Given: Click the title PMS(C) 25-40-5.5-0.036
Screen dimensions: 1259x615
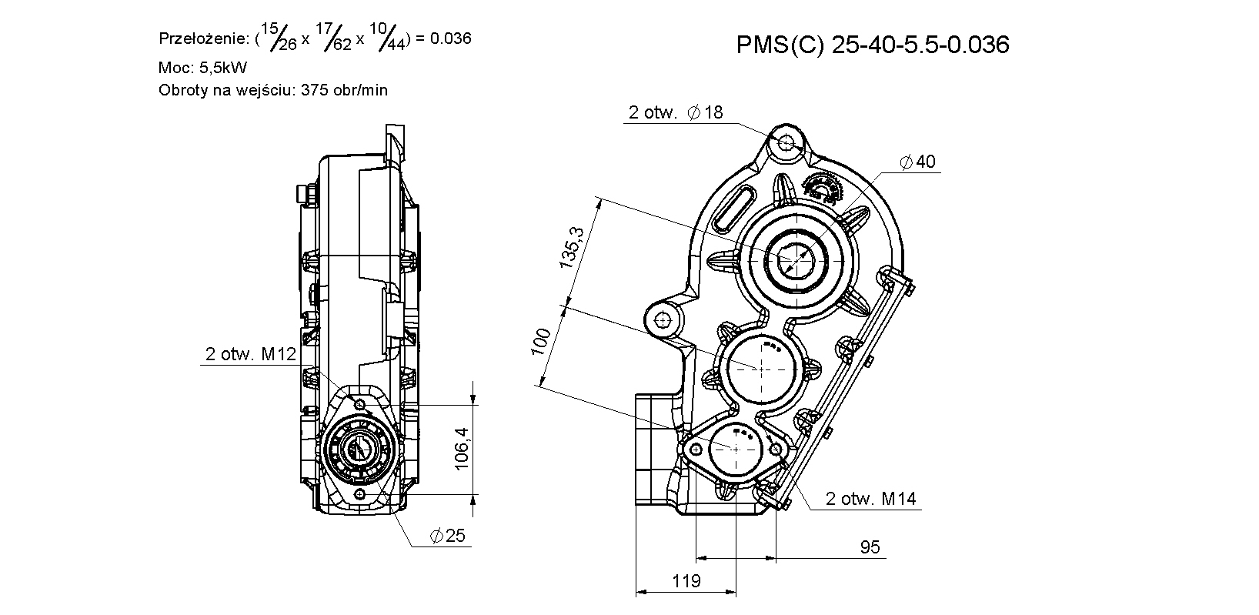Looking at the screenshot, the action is pos(873,45).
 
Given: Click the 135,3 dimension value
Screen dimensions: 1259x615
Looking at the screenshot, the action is pos(572,248).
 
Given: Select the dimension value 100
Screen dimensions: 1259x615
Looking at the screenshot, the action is pos(541,341).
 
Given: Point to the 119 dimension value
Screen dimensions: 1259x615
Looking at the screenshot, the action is pos(686,580).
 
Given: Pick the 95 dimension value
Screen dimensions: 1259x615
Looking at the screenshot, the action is pos(870,547).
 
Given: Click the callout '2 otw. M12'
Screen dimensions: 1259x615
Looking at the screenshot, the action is pos(251,353).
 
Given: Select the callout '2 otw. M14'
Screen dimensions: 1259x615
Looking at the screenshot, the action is pos(870,499).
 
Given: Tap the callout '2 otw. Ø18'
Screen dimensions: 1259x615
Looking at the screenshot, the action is pos(676,112).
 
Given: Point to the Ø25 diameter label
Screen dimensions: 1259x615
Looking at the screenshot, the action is pos(447,536).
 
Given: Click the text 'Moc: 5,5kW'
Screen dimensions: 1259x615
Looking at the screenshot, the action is pos(202,68).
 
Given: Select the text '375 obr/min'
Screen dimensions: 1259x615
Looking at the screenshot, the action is pos(344,90).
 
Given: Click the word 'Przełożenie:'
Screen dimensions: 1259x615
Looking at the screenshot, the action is pos(204,38).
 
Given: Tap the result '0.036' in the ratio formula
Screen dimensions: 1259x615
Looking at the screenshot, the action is pos(450,38).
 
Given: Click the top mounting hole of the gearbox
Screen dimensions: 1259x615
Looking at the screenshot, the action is pos(786,144).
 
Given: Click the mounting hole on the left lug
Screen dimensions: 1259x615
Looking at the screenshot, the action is pos(664,320).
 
